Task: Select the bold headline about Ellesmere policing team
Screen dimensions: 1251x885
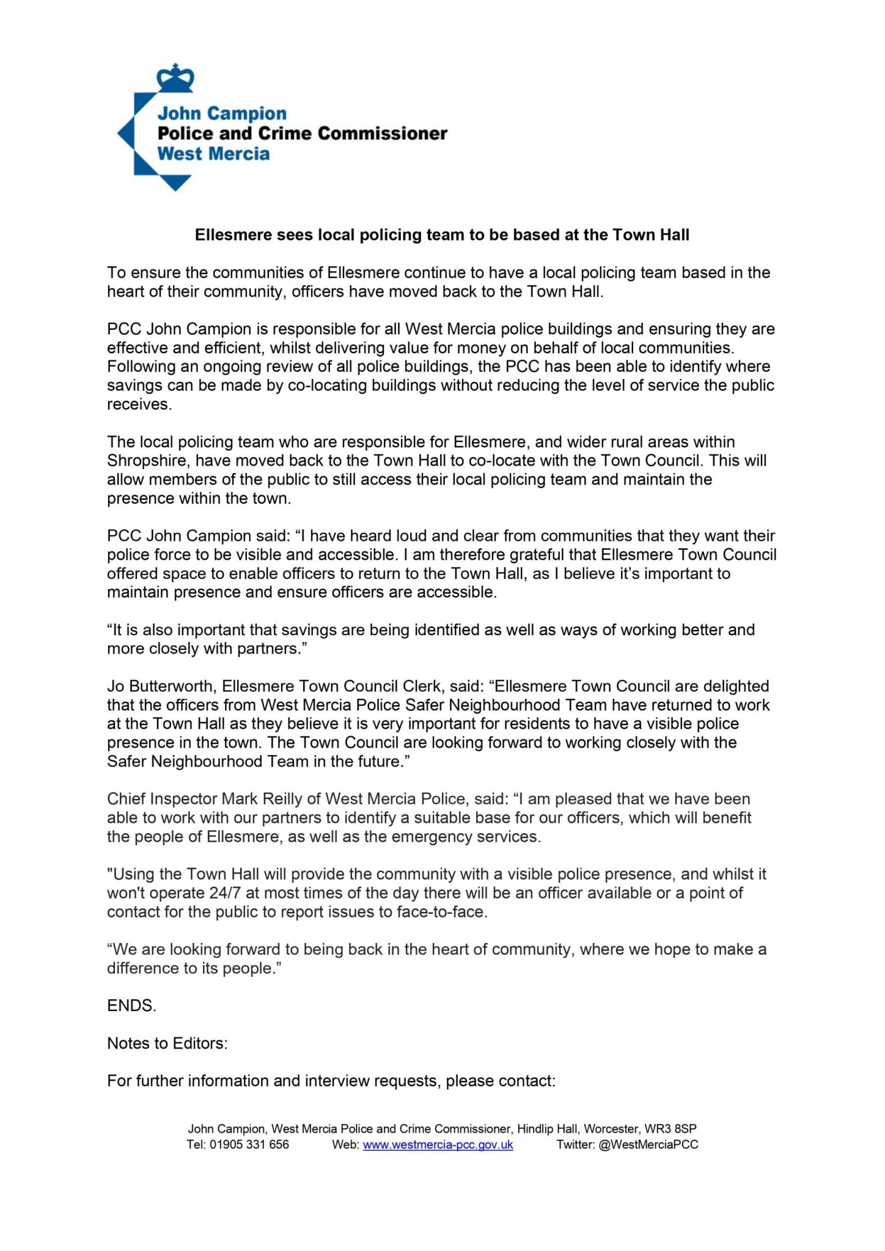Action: pyautogui.click(x=442, y=235)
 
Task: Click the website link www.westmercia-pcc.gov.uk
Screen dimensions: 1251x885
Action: pyautogui.click(x=438, y=1145)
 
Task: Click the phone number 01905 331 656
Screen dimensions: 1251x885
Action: pyautogui.click(x=249, y=1145)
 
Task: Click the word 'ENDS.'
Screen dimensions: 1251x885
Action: pyautogui.click(x=131, y=1006)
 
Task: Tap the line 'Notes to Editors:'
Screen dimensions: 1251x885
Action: pyautogui.click(x=167, y=1043)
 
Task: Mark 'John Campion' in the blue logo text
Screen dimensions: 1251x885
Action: pyautogui.click(x=222, y=114)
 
